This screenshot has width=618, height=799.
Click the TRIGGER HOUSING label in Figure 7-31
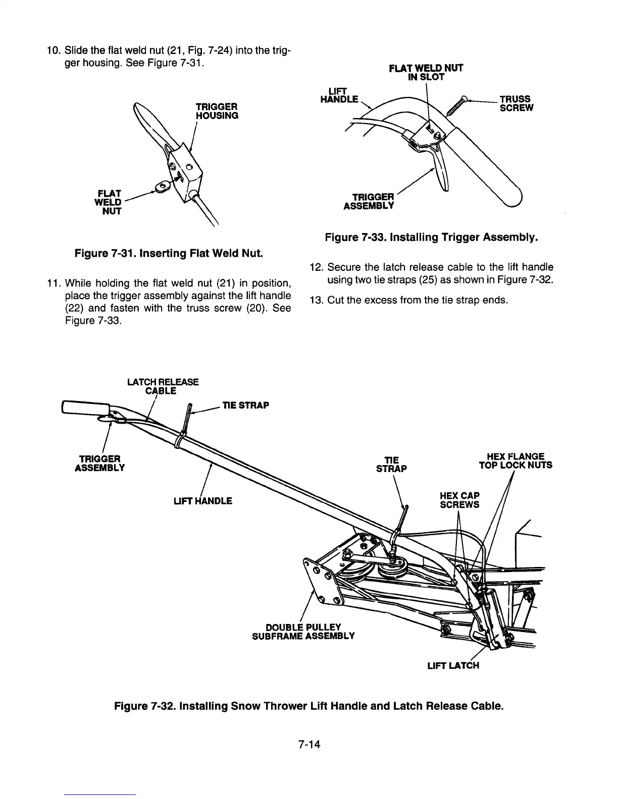(x=217, y=111)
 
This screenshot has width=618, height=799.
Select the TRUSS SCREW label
(x=516, y=103)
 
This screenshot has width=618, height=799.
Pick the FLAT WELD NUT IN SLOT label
(x=426, y=73)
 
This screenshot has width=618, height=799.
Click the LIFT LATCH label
(x=453, y=665)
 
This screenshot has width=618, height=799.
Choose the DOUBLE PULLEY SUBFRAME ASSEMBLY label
(x=303, y=631)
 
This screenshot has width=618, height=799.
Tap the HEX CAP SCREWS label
(x=459, y=500)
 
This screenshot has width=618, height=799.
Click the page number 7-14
(x=310, y=744)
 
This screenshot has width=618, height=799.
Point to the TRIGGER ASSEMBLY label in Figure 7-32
(x=99, y=463)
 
